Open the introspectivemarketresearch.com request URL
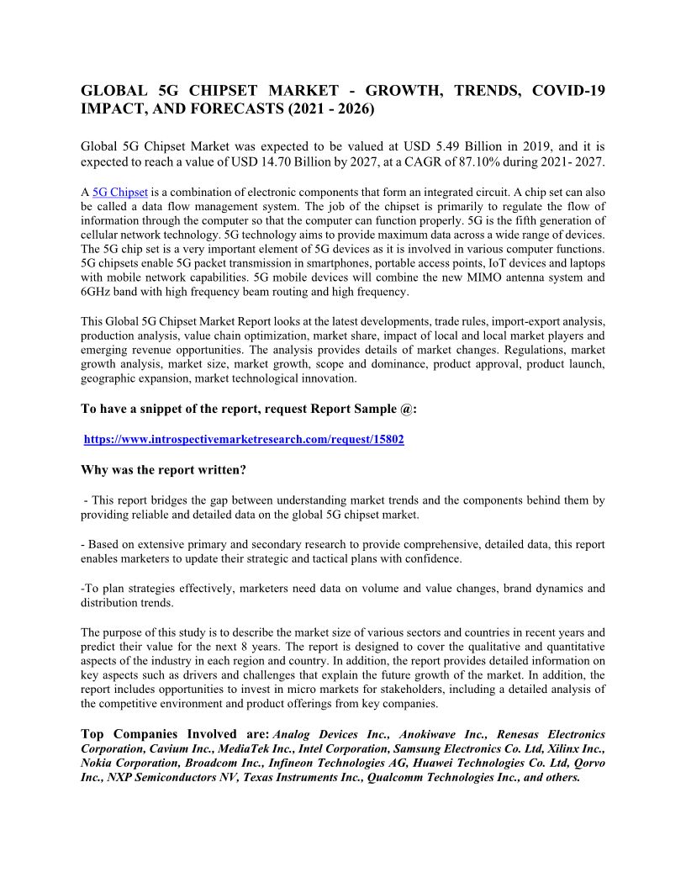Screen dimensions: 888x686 (x=245, y=440)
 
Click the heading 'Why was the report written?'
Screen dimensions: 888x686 (x=163, y=469)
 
